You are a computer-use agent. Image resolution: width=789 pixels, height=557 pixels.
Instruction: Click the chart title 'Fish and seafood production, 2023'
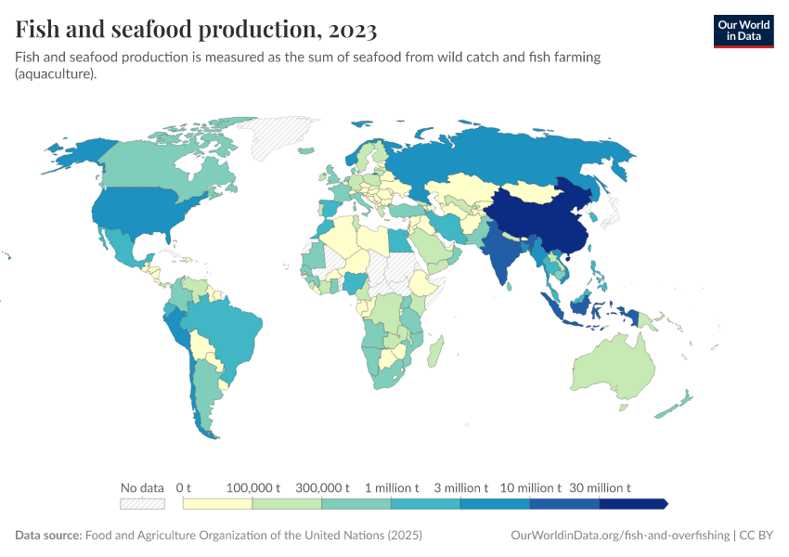click(x=196, y=31)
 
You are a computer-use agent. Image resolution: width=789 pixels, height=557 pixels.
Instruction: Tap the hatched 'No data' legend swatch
click(x=142, y=504)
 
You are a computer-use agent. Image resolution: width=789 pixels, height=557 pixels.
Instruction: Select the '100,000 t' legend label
click(x=253, y=487)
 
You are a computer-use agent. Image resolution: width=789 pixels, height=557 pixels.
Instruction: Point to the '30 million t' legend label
click(x=601, y=487)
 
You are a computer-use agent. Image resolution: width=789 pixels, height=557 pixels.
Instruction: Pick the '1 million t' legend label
click(x=392, y=487)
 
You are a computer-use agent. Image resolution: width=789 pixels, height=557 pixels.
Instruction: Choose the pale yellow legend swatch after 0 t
click(x=218, y=504)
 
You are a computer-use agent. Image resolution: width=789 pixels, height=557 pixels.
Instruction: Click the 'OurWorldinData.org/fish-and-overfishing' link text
click(x=619, y=536)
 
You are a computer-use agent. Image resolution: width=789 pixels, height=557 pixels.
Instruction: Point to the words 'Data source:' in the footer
click(x=48, y=536)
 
